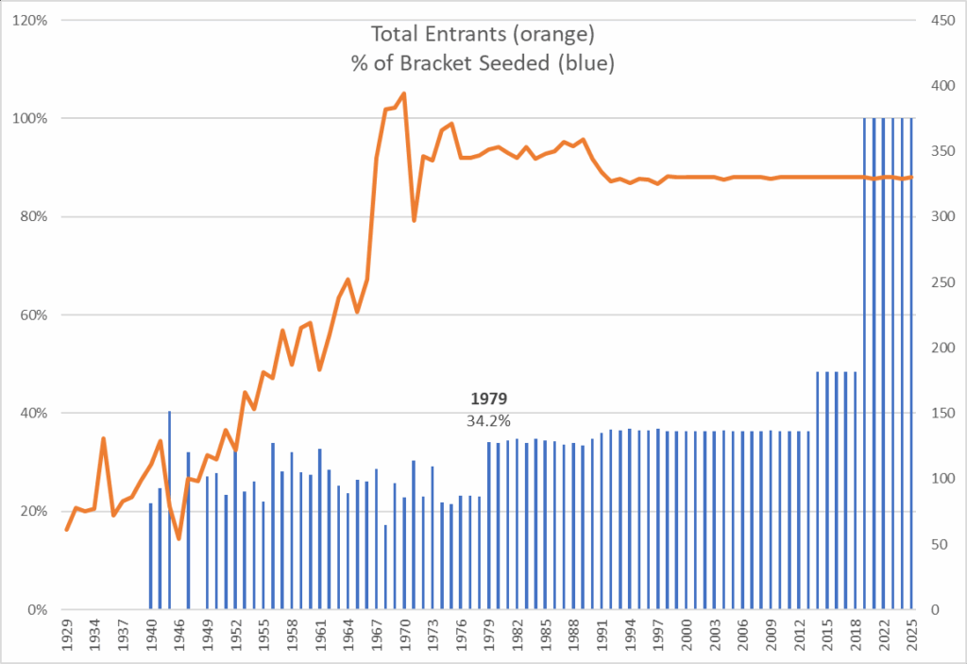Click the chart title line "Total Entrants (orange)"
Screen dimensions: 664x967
pyautogui.click(x=483, y=35)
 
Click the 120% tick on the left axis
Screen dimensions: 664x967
pyautogui.click(x=32, y=20)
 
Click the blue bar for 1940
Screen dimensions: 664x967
pyautogui.click(x=151, y=556)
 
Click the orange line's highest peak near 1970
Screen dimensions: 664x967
pyautogui.click(x=404, y=94)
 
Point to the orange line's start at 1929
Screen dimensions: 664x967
pyautogui.click(x=66, y=529)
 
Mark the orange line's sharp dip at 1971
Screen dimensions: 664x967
pyautogui.click(x=414, y=220)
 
